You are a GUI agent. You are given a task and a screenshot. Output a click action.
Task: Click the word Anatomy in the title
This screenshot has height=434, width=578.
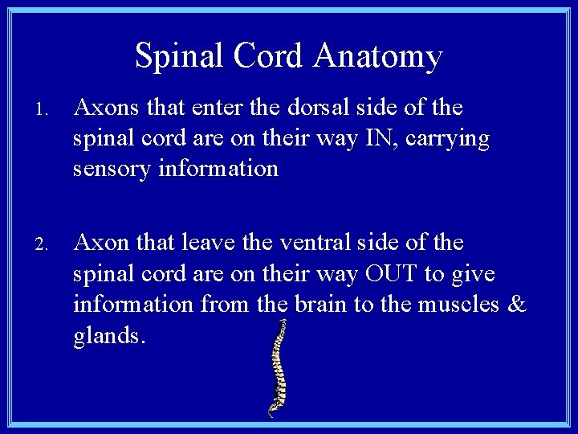pos(378,56)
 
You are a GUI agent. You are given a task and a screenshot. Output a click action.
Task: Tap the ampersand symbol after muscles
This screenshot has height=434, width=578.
pos(518,305)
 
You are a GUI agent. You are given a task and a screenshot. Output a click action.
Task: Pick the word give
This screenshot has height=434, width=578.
pos(473,274)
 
